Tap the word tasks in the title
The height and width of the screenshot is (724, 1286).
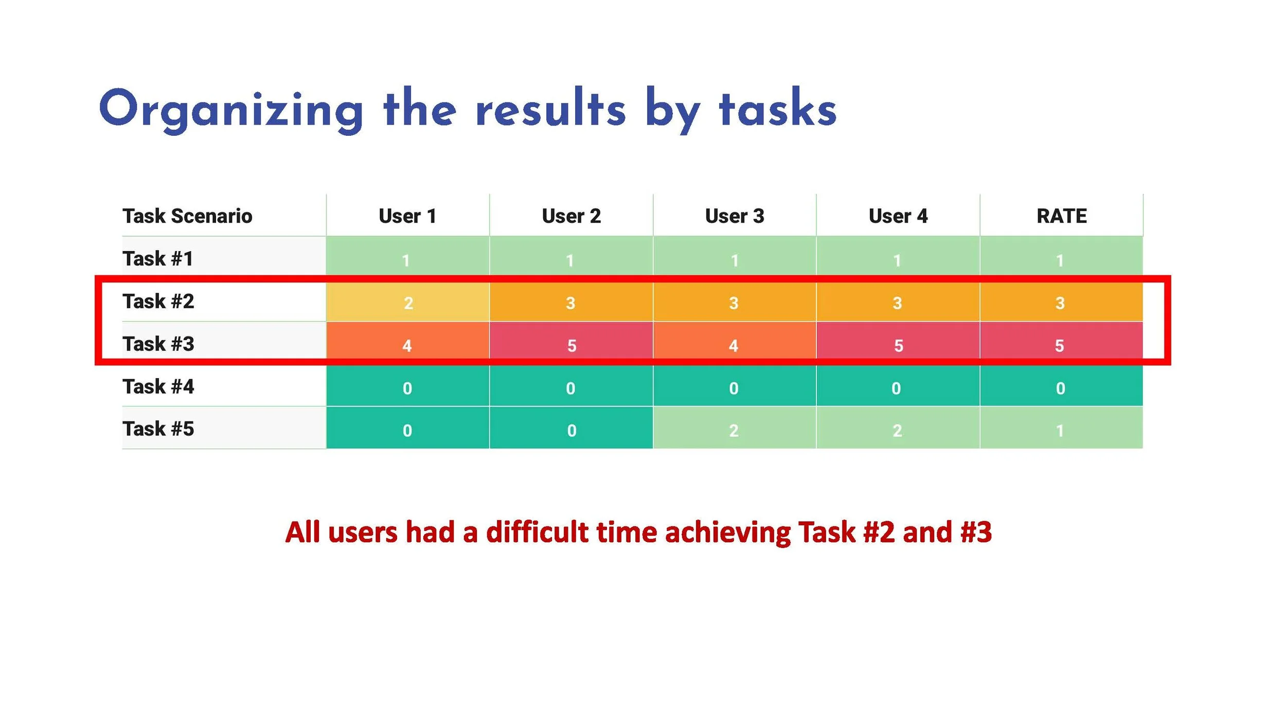point(778,109)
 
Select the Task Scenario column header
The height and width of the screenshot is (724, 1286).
point(187,216)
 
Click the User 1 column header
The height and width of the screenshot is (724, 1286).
point(407,216)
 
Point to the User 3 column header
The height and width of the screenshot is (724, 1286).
point(735,216)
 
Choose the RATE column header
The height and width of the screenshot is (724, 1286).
point(1061,216)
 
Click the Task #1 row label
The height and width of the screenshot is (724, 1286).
point(158,258)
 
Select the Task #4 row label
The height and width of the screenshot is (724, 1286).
point(158,386)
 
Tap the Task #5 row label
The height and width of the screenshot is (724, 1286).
point(158,429)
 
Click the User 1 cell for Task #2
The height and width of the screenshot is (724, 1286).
point(407,303)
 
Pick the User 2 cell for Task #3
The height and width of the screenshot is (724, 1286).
point(571,345)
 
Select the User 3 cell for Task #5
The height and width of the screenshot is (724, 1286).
point(734,430)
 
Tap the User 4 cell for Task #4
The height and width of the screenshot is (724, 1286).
point(897,387)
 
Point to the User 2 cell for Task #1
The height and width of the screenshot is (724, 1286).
point(570,260)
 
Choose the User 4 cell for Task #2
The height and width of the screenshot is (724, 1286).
point(897,303)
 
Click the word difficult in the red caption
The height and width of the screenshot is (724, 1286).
point(537,532)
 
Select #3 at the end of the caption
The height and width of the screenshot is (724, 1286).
point(976,532)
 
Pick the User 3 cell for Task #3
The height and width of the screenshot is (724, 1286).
point(734,345)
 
